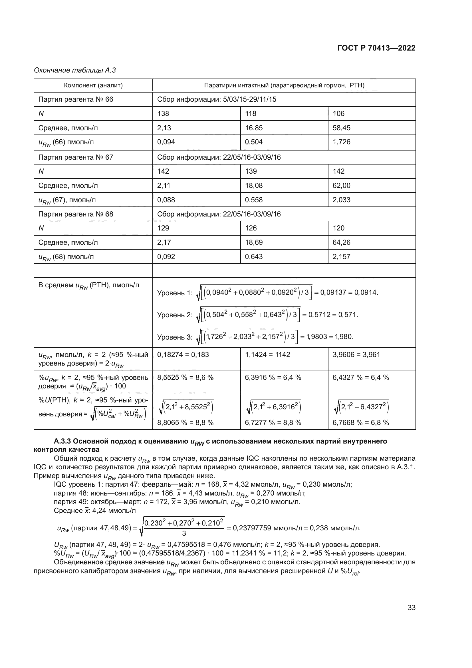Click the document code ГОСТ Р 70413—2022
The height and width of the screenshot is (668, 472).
pyautogui.click(x=376, y=48)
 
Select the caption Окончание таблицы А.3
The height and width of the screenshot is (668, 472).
pyautogui.click(x=75, y=71)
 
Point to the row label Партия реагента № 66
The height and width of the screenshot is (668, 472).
pyautogui.click(x=76, y=99)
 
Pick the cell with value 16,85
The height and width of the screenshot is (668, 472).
pyautogui.click(x=254, y=128)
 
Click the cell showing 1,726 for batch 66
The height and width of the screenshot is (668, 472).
pyautogui.click(x=342, y=142)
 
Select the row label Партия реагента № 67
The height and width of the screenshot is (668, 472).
pyautogui.click(x=76, y=157)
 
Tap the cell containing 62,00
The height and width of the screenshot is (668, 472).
pyautogui.click(x=342, y=186)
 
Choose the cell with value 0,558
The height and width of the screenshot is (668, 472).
pyautogui.click(x=254, y=200)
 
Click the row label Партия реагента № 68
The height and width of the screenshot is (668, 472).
pyautogui.click(x=76, y=214)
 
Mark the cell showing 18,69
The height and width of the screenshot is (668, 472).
pyautogui.click(x=254, y=242)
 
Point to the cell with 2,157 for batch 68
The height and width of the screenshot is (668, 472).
pyautogui.click(x=342, y=257)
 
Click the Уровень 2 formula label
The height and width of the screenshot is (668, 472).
pyautogui.click(x=175, y=315)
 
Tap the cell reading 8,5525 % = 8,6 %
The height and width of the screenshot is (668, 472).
pyautogui.click(x=185, y=378)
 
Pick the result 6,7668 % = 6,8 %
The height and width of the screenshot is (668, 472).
pyautogui.click(x=361, y=423)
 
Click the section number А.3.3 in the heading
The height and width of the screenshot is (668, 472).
pyautogui.click(x=62, y=441)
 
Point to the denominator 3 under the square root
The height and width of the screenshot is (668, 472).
pyautogui.click(x=184, y=533)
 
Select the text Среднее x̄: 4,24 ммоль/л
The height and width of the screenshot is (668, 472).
pyautogui.click(x=95, y=511)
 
